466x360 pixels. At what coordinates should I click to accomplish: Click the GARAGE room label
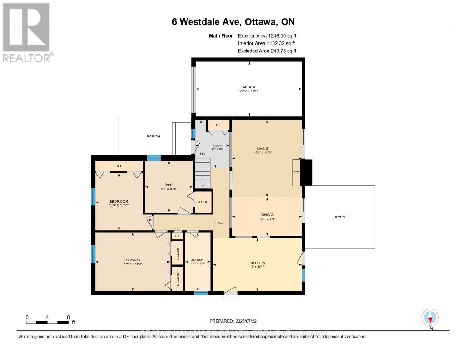click(249, 87)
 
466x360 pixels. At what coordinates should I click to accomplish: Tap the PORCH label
click(153, 136)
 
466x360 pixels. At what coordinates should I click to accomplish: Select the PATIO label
click(340, 217)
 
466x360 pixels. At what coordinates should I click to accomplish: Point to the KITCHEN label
click(257, 263)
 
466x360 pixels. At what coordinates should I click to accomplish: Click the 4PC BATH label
click(198, 260)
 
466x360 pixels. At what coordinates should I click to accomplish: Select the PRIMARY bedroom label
click(132, 260)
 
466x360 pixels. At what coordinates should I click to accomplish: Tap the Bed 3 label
click(169, 186)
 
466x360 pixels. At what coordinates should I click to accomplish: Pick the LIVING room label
click(263, 149)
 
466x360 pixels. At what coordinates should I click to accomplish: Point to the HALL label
click(219, 223)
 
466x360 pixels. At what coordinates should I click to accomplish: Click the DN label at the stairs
click(203, 154)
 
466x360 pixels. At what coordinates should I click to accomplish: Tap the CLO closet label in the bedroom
click(119, 166)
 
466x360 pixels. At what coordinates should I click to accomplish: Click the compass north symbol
click(430, 317)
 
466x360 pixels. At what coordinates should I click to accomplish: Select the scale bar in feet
click(48, 322)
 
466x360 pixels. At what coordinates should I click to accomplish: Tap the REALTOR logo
click(27, 32)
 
